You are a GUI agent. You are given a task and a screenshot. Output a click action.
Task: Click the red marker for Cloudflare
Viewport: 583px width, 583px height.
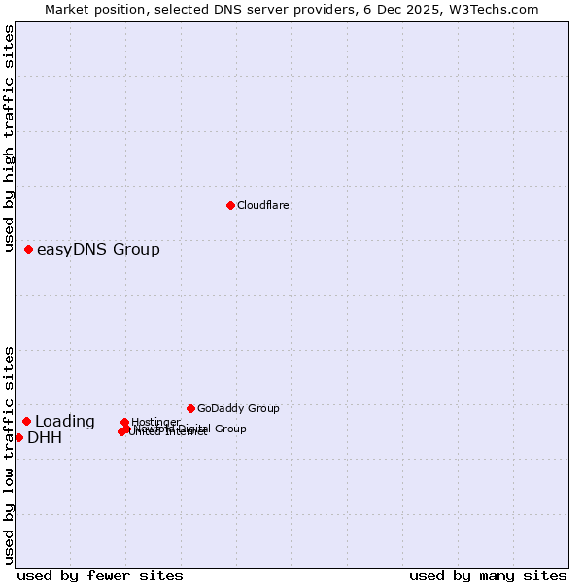pos(230,205)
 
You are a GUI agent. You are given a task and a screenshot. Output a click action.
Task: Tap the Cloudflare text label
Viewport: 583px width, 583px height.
pos(262,205)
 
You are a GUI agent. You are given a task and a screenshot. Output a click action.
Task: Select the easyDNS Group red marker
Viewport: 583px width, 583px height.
pos(29,250)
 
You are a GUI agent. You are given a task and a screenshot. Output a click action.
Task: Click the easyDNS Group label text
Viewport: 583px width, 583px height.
pos(98,250)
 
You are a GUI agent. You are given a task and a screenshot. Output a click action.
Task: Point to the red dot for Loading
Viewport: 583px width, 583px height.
pos(27,421)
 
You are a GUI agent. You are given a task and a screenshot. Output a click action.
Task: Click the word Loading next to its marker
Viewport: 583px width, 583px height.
pos(65,422)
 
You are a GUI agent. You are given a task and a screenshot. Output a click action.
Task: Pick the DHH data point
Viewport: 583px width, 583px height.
pos(18,437)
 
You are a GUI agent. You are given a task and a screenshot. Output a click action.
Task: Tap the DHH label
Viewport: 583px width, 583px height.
pos(45,438)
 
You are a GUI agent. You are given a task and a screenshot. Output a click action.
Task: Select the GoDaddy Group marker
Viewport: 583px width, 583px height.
pos(190,408)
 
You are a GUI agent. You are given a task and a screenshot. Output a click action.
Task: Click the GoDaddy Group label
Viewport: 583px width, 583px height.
pos(238,408)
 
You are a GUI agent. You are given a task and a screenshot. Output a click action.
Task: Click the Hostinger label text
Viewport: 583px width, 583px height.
pos(155,422)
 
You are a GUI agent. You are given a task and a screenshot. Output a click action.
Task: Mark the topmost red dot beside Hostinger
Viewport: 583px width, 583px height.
pos(125,423)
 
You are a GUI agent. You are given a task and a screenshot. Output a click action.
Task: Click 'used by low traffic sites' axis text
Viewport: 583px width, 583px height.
pos(10,455)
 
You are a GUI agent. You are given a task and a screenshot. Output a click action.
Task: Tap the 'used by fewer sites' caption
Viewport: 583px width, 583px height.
pos(100,575)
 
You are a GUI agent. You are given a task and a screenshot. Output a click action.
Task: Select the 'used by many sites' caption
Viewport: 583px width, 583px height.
pos(488,575)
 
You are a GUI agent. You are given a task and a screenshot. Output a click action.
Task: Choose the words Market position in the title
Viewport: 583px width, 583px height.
pos(92,9)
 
